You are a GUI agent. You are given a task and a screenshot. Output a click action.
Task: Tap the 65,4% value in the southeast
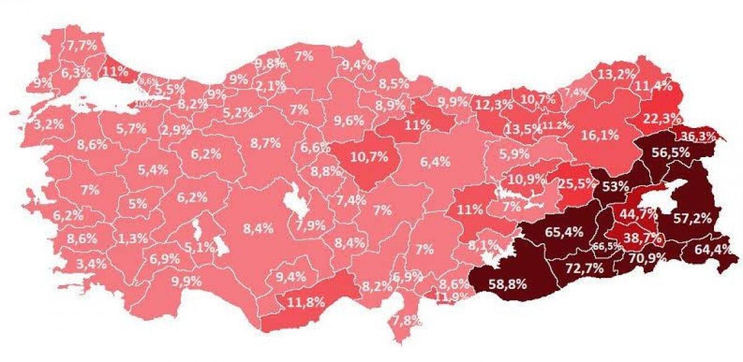pos(562,233)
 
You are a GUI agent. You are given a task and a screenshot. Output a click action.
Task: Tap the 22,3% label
pos(661,118)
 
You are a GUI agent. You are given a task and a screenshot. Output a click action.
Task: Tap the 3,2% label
pos(48,124)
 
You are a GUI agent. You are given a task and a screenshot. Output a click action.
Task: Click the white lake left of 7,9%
pos(291,205)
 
